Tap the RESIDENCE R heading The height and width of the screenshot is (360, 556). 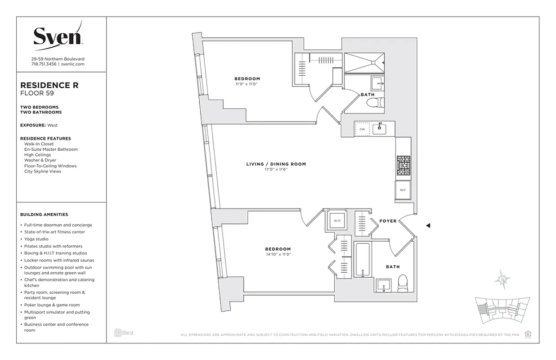click(49, 85)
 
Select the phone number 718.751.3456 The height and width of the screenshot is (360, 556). click(44, 64)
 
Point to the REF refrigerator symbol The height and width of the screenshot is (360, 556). click(403, 190)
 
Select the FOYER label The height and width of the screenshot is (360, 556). click(388, 221)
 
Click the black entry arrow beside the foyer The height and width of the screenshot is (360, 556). click(428, 225)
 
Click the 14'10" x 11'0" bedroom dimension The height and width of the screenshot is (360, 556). click(278, 255)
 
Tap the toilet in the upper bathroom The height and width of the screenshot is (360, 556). click(375, 103)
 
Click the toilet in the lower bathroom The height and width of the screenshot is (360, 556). click(403, 283)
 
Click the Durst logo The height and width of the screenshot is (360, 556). click(124, 333)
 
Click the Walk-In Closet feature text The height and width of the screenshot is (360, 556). click(39, 144)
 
